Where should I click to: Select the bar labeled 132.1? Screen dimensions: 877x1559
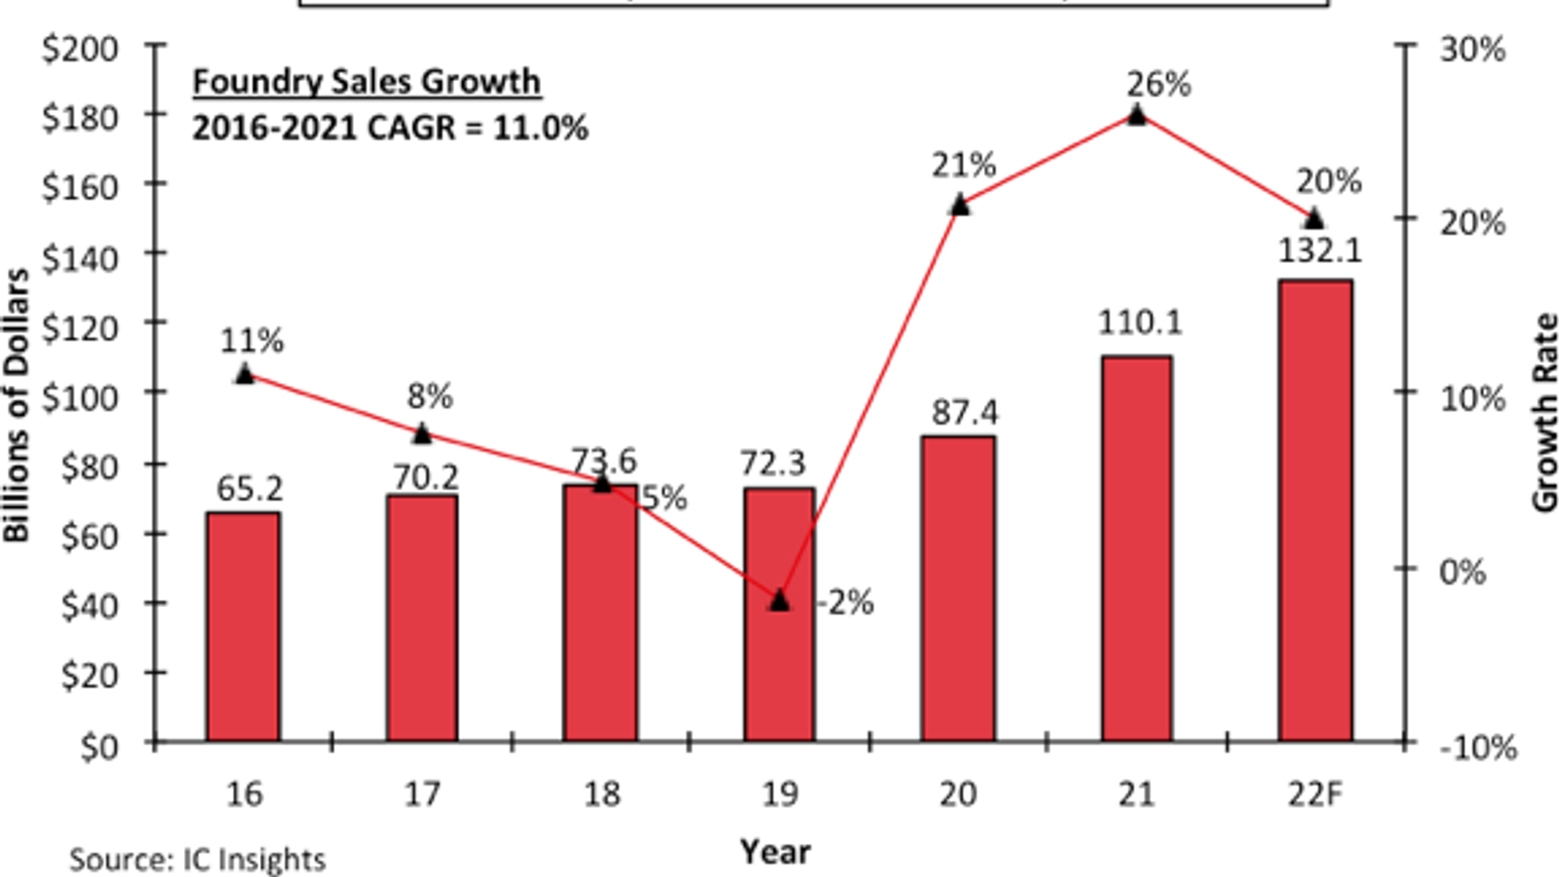point(1315,512)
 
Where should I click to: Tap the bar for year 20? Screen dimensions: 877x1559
point(959,590)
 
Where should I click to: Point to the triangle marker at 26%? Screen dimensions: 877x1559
point(1137,115)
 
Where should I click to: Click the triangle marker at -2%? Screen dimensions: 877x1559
point(779,600)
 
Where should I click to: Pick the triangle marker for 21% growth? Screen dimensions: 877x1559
point(960,205)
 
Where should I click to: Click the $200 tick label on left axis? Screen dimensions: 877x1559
point(80,48)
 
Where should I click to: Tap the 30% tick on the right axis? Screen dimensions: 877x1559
point(1472,48)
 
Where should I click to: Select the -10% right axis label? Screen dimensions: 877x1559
point(1477,747)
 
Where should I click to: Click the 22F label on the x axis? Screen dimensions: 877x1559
point(1314,794)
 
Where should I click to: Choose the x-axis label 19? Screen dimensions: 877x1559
point(779,794)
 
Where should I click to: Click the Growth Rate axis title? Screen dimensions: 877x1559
point(1544,412)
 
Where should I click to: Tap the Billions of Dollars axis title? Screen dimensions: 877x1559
point(17,405)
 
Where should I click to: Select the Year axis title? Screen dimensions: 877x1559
point(775,852)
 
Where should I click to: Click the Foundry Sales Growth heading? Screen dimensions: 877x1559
point(366,82)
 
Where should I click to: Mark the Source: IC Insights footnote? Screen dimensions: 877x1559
point(197,859)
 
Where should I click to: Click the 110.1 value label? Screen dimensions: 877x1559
point(1140,323)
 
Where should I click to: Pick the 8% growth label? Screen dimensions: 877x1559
point(430,397)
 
